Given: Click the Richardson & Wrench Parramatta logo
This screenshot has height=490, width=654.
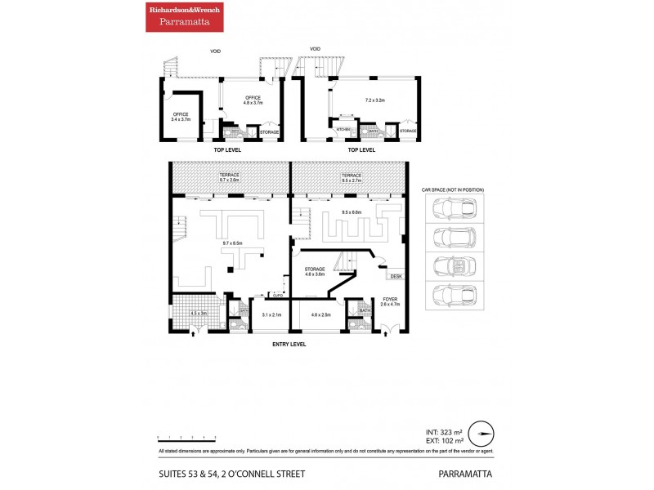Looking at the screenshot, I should (x=183, y=16).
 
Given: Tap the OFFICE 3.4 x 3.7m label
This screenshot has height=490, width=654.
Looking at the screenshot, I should (x=180, y=117).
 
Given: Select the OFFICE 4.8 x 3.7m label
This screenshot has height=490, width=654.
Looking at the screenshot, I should (x=253, y=100).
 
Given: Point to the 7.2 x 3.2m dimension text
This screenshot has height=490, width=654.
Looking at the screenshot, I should (x=374, y=100).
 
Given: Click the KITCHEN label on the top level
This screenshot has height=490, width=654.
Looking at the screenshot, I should (x=343, y=130).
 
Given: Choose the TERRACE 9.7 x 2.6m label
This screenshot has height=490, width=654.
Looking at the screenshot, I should (x=229, y=177).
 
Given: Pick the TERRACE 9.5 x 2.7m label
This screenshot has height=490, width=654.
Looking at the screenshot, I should (x=351, y=177).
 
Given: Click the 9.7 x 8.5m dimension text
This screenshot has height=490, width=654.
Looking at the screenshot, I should (x=234, y=243).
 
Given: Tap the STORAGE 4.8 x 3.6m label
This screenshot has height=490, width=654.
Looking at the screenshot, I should (x=316, y=271).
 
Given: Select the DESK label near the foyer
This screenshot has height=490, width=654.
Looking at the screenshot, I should (x=396, y=277).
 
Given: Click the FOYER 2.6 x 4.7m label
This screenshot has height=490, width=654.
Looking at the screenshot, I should (x=390, y=301).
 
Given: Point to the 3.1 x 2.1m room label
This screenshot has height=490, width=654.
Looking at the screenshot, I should (x=271, y=314).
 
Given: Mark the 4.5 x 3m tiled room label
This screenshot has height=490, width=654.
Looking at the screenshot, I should (x=199, y=313).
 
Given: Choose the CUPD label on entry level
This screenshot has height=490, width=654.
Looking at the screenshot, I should (x=277, y=293).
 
